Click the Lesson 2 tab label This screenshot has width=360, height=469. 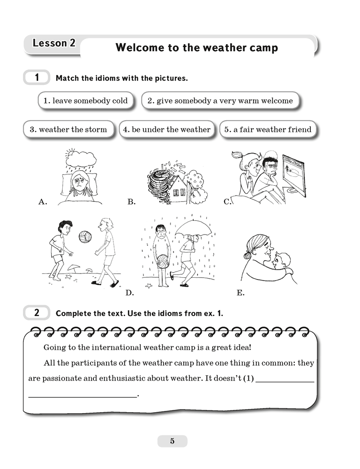[54, 44]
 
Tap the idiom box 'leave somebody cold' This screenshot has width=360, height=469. [85, 101]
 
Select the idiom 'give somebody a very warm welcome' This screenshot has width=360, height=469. [220, 101]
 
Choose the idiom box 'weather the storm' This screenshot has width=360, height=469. [68, 129]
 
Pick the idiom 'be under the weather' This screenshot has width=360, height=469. [166, 129]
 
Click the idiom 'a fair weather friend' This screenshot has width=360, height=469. [267, 129]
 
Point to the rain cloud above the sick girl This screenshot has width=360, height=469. [82, 159]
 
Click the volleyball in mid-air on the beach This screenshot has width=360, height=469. [85, 237]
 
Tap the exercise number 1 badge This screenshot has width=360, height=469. [37, 77]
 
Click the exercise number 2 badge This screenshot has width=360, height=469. [37, 312]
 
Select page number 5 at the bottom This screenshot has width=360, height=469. [172, 441]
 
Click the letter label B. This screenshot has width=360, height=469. [131, 202]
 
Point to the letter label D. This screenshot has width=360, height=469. [130, 293]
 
